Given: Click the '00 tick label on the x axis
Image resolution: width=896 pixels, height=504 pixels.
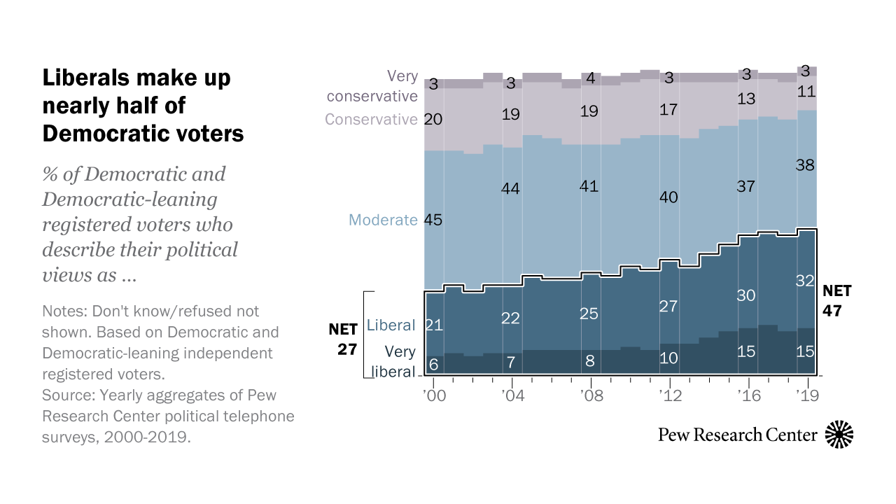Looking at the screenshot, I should point(434,395).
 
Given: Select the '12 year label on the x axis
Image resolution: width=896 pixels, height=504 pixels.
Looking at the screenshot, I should point(670,395).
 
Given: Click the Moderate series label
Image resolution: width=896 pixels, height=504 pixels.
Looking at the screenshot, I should point(383,220).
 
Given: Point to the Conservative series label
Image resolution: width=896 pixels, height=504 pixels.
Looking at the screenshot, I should point(371,120).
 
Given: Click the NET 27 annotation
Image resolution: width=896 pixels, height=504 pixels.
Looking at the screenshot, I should point(343,339).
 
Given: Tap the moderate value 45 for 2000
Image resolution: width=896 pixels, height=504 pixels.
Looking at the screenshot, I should point(434,220).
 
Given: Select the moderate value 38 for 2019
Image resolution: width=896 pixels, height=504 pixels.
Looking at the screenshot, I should point(806,166).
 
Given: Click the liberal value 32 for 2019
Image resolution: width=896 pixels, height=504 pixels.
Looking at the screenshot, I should point(806,281).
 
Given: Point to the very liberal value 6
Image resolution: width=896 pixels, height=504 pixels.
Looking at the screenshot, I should point(433,365).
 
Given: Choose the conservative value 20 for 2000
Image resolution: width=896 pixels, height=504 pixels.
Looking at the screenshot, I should point(433,120).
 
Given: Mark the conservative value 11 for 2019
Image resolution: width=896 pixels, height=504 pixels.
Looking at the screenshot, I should point(806,92).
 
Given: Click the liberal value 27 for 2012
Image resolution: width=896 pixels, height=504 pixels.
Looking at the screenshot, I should point(668,307).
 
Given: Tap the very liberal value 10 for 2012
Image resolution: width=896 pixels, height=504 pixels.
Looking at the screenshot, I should point(668,358).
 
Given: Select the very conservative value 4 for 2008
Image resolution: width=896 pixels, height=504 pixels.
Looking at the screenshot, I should point(590,78).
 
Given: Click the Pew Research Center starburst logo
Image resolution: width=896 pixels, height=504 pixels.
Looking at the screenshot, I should point(840,435).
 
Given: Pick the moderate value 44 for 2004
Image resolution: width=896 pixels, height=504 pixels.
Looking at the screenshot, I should point(512,188).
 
